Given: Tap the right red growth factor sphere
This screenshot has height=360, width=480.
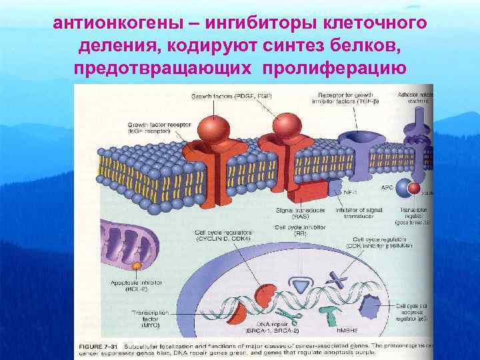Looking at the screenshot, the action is click(287, 125).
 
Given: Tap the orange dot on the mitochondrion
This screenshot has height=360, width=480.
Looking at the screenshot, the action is click(135, 266).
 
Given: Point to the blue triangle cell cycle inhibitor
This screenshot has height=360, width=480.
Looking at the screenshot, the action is click(302, 286).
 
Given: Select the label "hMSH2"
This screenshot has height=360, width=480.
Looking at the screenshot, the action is click(349, 329).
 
